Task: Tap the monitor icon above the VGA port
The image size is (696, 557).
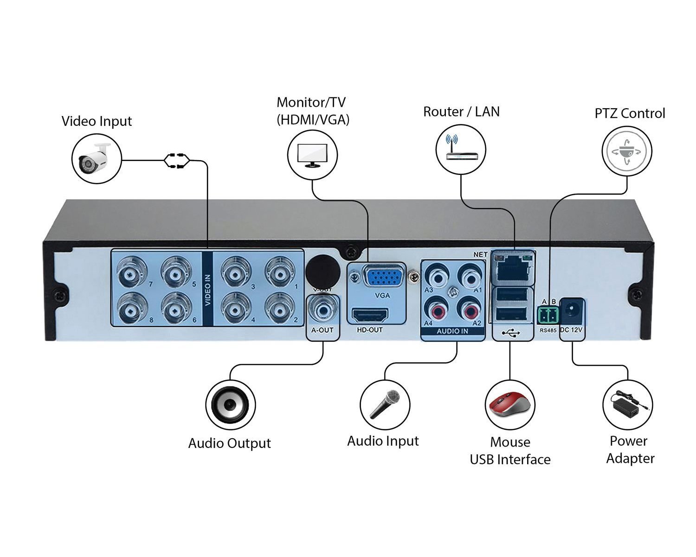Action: (312, 155)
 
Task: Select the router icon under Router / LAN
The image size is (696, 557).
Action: (460, 149)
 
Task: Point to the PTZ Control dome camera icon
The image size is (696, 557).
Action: (627, 151)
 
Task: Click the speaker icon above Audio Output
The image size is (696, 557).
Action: (230, 405)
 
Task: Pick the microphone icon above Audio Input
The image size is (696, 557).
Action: (385, 404)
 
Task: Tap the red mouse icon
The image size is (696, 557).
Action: (510, 405)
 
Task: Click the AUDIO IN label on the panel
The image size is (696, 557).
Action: (452, 331)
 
